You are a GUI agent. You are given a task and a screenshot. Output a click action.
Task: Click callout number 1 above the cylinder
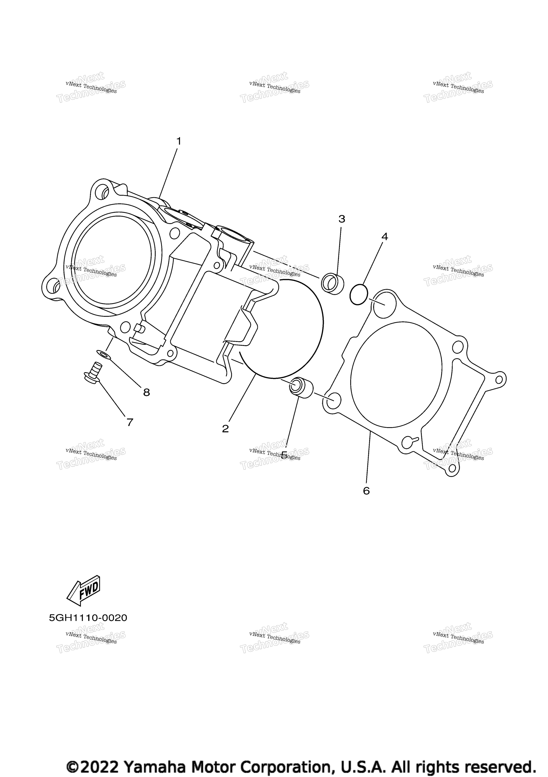point(179,141)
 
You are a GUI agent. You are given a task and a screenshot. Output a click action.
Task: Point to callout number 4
point(385,237)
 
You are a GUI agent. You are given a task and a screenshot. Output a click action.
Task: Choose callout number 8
point(146,393)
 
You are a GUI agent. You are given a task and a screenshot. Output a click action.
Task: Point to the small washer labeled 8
point(103,355)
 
